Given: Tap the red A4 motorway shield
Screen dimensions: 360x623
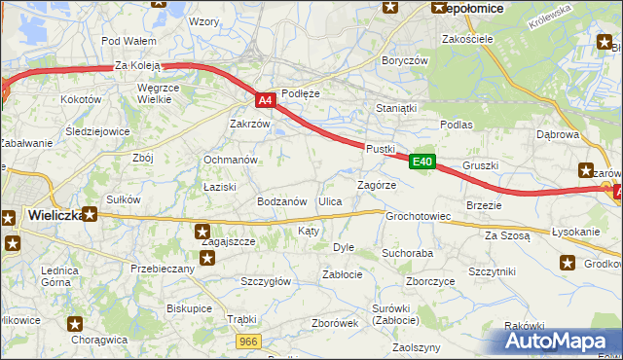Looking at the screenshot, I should click(x=265, y=99).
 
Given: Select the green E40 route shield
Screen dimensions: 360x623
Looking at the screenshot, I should click(x=421, y=162).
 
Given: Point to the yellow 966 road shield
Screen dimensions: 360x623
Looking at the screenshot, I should click(x=248, y=341).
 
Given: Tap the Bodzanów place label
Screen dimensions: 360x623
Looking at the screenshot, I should click(x=282, y=201).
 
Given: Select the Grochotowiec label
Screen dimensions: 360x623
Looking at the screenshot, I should click(x=418, y=216).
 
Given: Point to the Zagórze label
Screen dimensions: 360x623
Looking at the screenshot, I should click(x=376, y=184).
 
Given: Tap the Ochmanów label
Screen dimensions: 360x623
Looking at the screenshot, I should click(x=230, y=160).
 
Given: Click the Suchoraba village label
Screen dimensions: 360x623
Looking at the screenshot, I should click(x=407, y=253).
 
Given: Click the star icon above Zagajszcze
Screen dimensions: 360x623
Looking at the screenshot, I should click(x=202, y=232).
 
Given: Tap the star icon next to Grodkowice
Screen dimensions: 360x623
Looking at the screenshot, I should click(x=568, y=263).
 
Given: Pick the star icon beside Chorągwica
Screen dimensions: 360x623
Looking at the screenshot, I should click(x=76, y=324).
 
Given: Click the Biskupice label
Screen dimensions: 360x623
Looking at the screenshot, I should click(x=189, y=307).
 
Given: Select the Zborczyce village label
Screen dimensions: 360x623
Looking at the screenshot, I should click(x=430, y=281).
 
